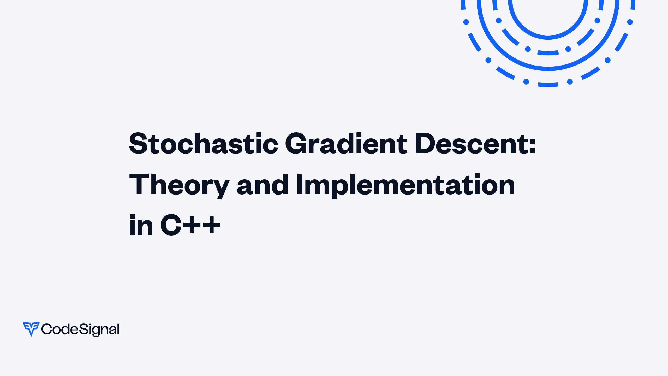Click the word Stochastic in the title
[204, 144]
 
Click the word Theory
[179, 185]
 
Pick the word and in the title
[263, 185]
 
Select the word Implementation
[405, 185]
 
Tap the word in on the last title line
[141, 225]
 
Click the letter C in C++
[171, 225]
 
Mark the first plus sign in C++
[193, 225]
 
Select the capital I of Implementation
[300, 184]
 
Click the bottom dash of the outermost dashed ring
[548, 85]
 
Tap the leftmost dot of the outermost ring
[466, 22]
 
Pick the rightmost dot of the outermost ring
[630, 22]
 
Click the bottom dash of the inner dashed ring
[548, 53]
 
